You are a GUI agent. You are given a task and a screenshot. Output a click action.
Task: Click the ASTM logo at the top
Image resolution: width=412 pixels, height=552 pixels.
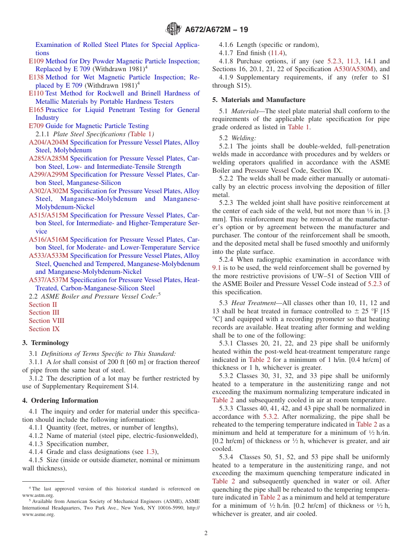click(x=173, y=30)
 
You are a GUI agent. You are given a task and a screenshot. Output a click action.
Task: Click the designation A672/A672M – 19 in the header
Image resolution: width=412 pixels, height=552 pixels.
click(x=216, y=30)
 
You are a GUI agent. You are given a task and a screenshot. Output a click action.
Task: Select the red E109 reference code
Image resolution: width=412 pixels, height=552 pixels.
click(x=36, y=61)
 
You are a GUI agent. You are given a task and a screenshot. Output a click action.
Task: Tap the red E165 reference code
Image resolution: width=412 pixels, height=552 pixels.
click(x=36, y=110)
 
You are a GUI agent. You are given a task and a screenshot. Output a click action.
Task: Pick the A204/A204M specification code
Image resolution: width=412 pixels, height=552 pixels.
click(x=49, y=142)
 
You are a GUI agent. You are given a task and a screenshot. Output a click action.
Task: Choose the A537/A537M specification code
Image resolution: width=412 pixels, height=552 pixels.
click(x=49, y=280)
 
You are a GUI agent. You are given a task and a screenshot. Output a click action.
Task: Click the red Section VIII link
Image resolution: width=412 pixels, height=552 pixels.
click(x=46, y=321)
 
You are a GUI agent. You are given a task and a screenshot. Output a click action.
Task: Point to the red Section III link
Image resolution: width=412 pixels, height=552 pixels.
click(x=44, y=312)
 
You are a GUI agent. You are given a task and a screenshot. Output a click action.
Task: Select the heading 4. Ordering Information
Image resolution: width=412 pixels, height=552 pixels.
click(x=60, y=401)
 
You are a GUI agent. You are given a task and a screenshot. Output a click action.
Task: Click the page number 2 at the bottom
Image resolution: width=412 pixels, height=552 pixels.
click(x=206, y=533)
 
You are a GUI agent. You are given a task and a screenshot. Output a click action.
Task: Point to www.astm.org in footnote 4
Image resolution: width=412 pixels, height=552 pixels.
click(x=38, y=495)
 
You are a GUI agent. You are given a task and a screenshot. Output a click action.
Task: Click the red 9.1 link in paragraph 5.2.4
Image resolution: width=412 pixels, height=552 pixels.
click(x=217, y=268)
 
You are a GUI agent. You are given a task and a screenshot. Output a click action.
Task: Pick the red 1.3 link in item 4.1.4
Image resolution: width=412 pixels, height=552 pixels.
click(x=150, y=452)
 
